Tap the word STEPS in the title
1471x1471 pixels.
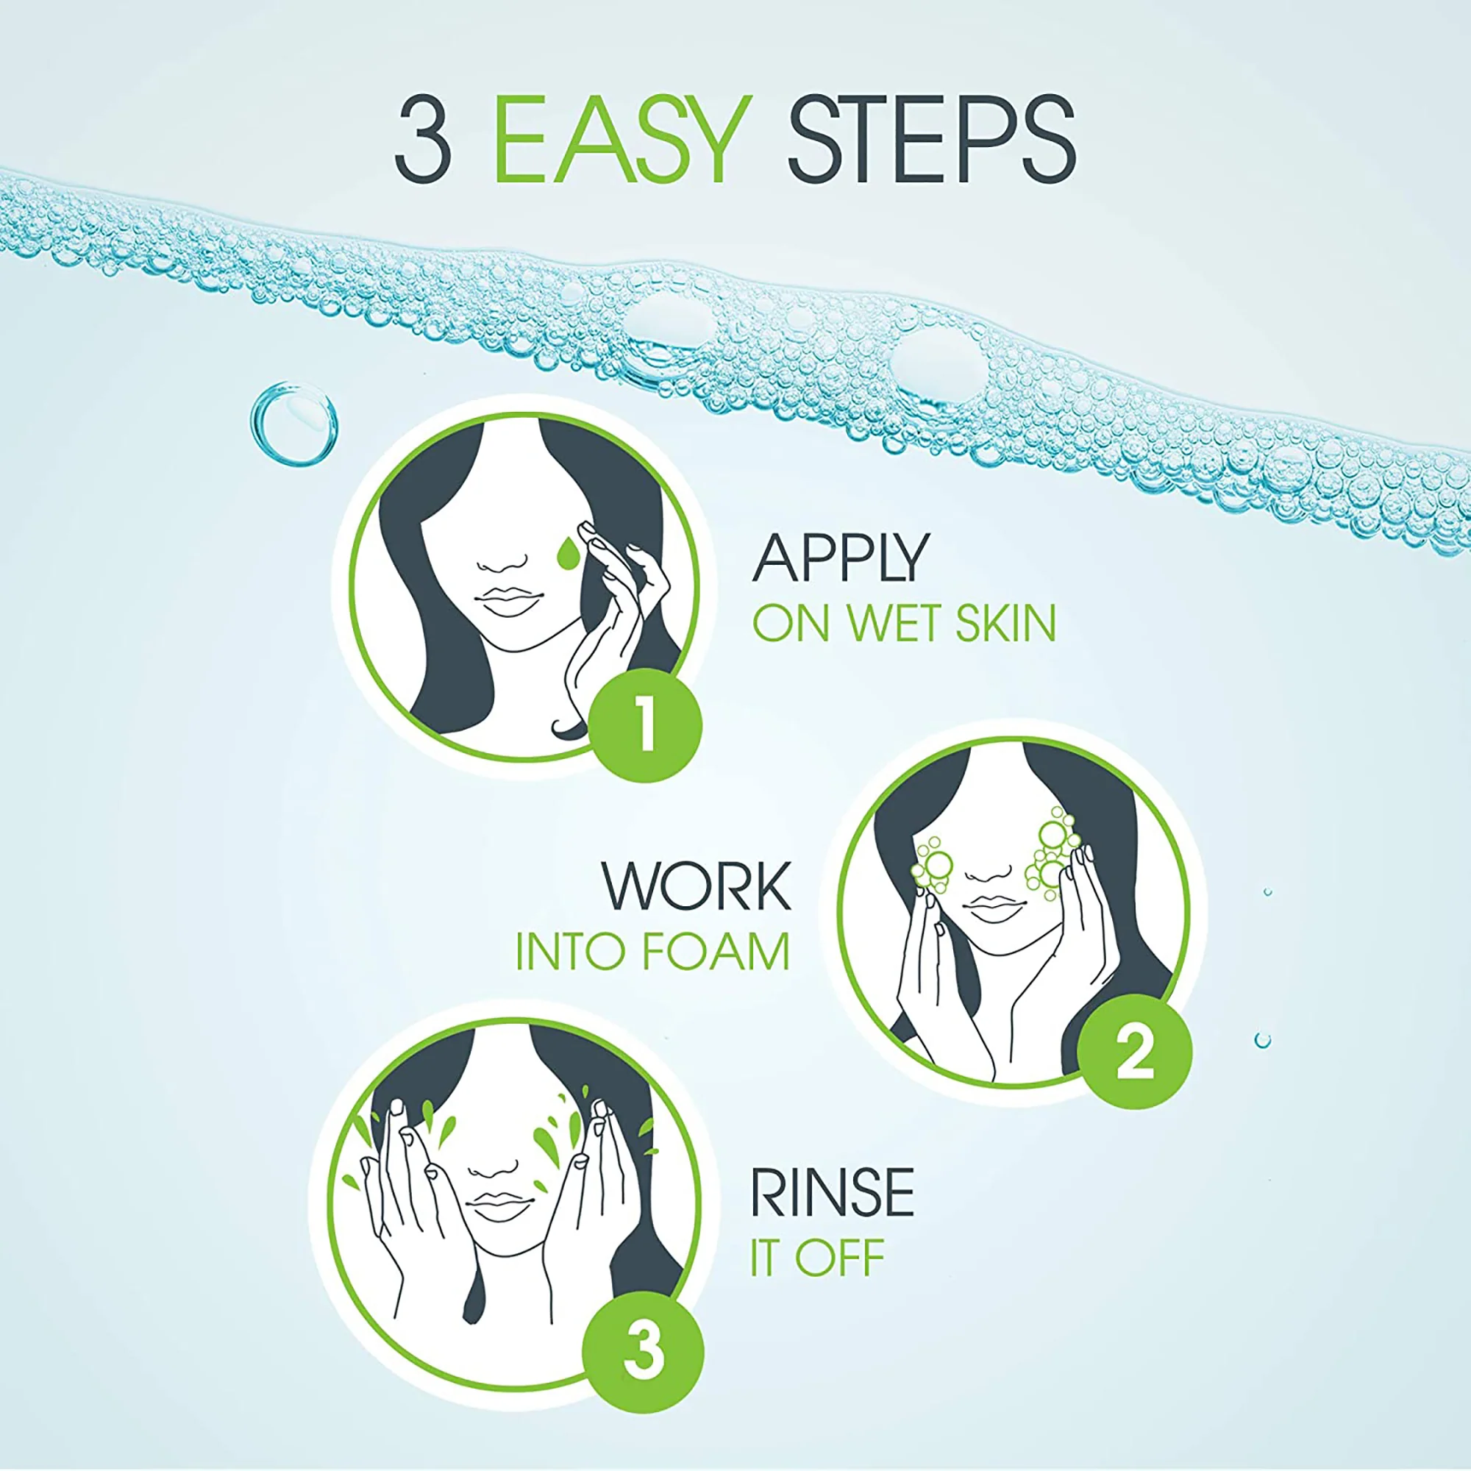931,140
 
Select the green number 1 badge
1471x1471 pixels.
646,724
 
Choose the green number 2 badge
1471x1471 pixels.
1134,1052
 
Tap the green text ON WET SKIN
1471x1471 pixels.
904,623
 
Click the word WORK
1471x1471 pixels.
697,886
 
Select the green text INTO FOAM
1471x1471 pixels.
652,952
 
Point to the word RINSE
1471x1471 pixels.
832,1192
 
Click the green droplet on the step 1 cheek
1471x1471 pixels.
566,554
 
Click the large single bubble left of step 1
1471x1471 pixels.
294,424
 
